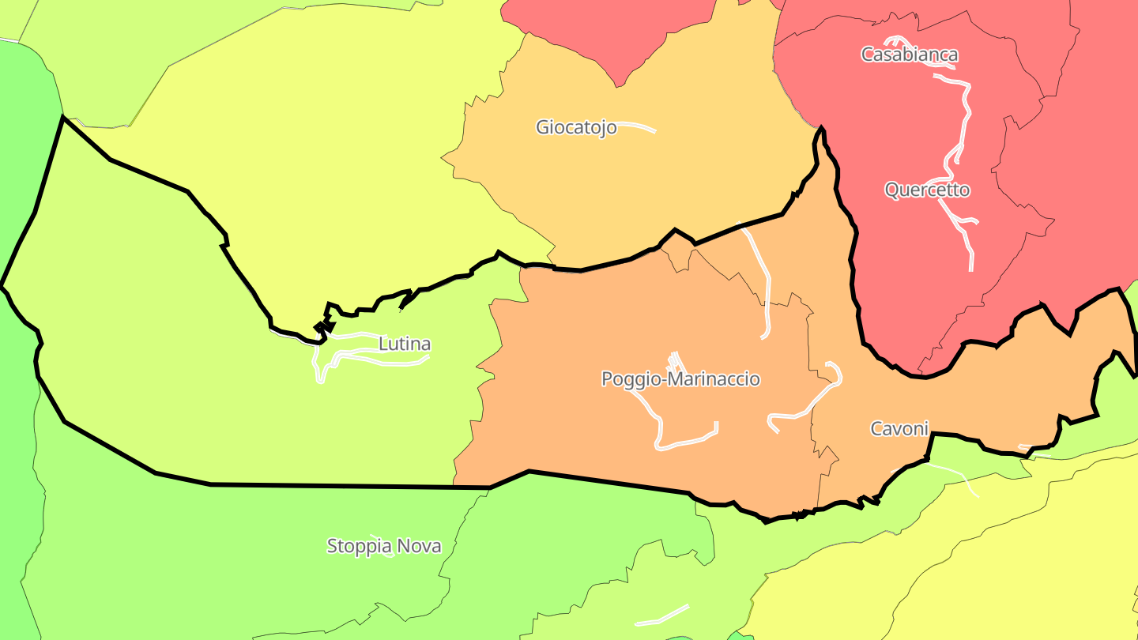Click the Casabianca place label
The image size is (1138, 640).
click(x=910, y=55)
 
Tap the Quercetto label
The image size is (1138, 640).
click(x=927, y=190)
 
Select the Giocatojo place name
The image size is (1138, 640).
click(x=576, y=127)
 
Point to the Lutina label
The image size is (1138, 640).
click(x=405, y=344)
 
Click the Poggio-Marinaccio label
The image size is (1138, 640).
click(x=680, y=379)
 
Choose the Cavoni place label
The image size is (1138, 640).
click(x=899, y=429)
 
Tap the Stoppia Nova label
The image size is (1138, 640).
click(x=384, y=546)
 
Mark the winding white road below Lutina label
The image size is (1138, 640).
click(x=371, y=360)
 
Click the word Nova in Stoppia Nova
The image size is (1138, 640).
click(x=419, y=546)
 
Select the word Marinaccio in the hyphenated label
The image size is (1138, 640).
click(x=714, y=379)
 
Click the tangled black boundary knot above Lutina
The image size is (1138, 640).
click(x=324, y=327)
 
